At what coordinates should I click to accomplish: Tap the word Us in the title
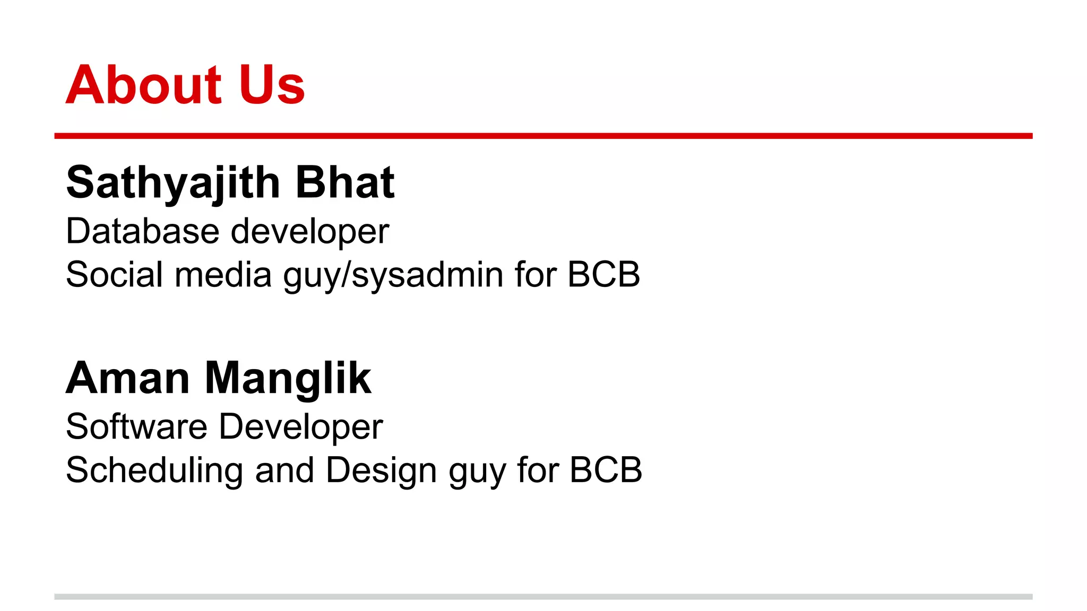[x=272, y=85]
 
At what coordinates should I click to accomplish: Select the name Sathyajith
[x=173, y=183]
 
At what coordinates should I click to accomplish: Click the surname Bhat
[x=344, y=183]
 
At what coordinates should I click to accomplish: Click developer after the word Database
[x=310, y=232]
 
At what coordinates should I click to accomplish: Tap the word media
[x=223, y=275]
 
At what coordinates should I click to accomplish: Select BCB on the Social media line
[x=603, y=275]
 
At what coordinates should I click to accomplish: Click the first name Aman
[x=128, y=378]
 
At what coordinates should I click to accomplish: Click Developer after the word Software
[x=301, y=427]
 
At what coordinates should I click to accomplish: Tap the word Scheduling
[x=154, y=471]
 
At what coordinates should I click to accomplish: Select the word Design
[x=381, y=471]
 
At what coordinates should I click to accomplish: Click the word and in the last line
[x=284, y=470]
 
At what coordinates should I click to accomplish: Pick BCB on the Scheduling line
[x=606, y=470]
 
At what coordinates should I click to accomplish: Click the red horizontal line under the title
[x=543, y=136]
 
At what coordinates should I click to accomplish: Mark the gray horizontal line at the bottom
[x=543, y=597]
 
